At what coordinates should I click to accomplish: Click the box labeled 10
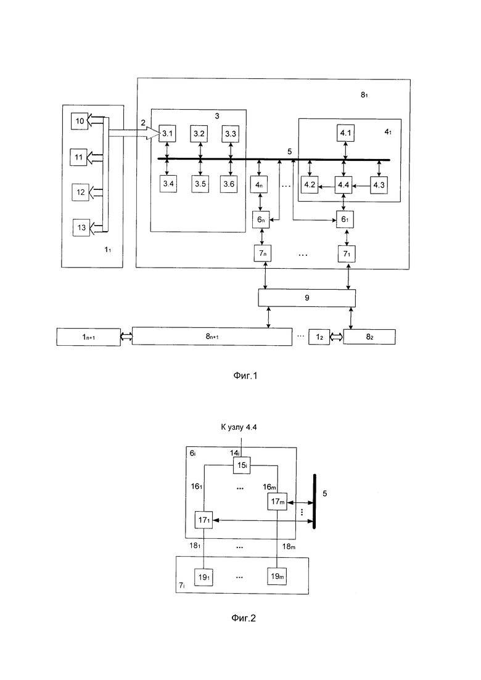(80, 121)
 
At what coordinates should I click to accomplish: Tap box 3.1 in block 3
(168, 133)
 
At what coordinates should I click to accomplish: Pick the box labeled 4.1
(345, 133)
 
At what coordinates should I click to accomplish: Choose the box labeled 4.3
(379, 184)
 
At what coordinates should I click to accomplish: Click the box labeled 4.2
(310, 184)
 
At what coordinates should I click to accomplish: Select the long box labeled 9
(306, 298)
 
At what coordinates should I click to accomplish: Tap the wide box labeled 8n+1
(212, 337)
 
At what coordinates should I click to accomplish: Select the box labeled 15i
(242, 465)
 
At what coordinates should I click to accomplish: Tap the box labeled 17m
(277, 502)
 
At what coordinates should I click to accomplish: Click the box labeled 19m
(277, 576)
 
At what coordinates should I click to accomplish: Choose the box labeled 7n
(265, 252)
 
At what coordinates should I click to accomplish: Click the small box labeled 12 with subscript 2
(319, 337)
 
